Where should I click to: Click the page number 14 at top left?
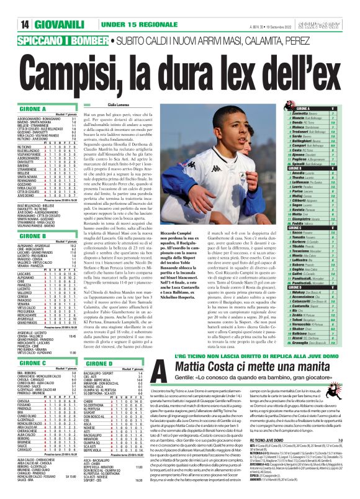pos(11,7)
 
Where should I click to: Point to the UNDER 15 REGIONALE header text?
pos(117,7)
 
